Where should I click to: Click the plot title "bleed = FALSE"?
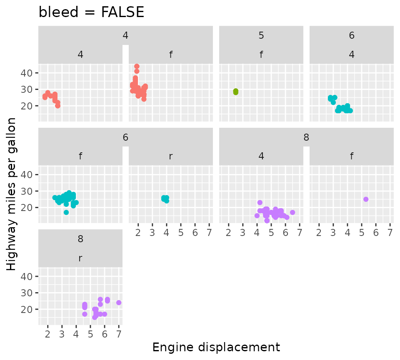tap(91, 12)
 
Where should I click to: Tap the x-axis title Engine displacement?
tap(216, 347)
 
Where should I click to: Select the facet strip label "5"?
tap(261, 35)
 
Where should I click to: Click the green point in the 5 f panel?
tap(236, 92)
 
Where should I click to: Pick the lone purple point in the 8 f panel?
tap(366, 199)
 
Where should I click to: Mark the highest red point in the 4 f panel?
tap(137, 67)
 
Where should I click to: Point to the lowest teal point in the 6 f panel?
tap(66, 212)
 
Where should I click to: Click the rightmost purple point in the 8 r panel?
tap(119, 303)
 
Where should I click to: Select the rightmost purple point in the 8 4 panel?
tap(292, 212)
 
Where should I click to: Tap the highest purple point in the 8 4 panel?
tap(260, 203)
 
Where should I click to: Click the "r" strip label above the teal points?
tap(171, 156)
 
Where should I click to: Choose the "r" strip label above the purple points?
tap(80, 258)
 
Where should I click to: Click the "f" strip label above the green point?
tap(261, 54)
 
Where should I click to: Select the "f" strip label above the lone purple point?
tap(352, 156)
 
